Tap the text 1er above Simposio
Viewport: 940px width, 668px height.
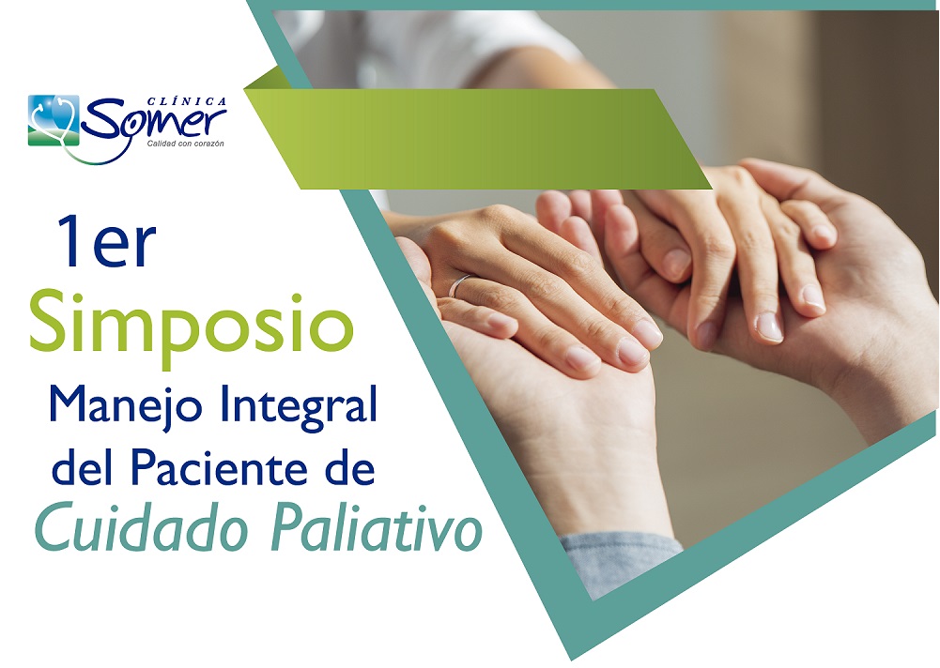click(x=106, y=241)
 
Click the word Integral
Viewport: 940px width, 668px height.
click(x=299, y=406)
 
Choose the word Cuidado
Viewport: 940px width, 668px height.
click(x=142, y=528)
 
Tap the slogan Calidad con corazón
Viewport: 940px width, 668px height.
click(x=186, y=144)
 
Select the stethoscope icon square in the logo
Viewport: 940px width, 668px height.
click(x=54, y=120)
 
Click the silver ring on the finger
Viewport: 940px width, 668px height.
click(x=458, y=284)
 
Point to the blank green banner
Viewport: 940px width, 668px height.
click(x=478, y=139)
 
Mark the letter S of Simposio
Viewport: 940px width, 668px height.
click(x=47, y=321)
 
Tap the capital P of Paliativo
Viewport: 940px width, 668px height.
click(x=286, y=527)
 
